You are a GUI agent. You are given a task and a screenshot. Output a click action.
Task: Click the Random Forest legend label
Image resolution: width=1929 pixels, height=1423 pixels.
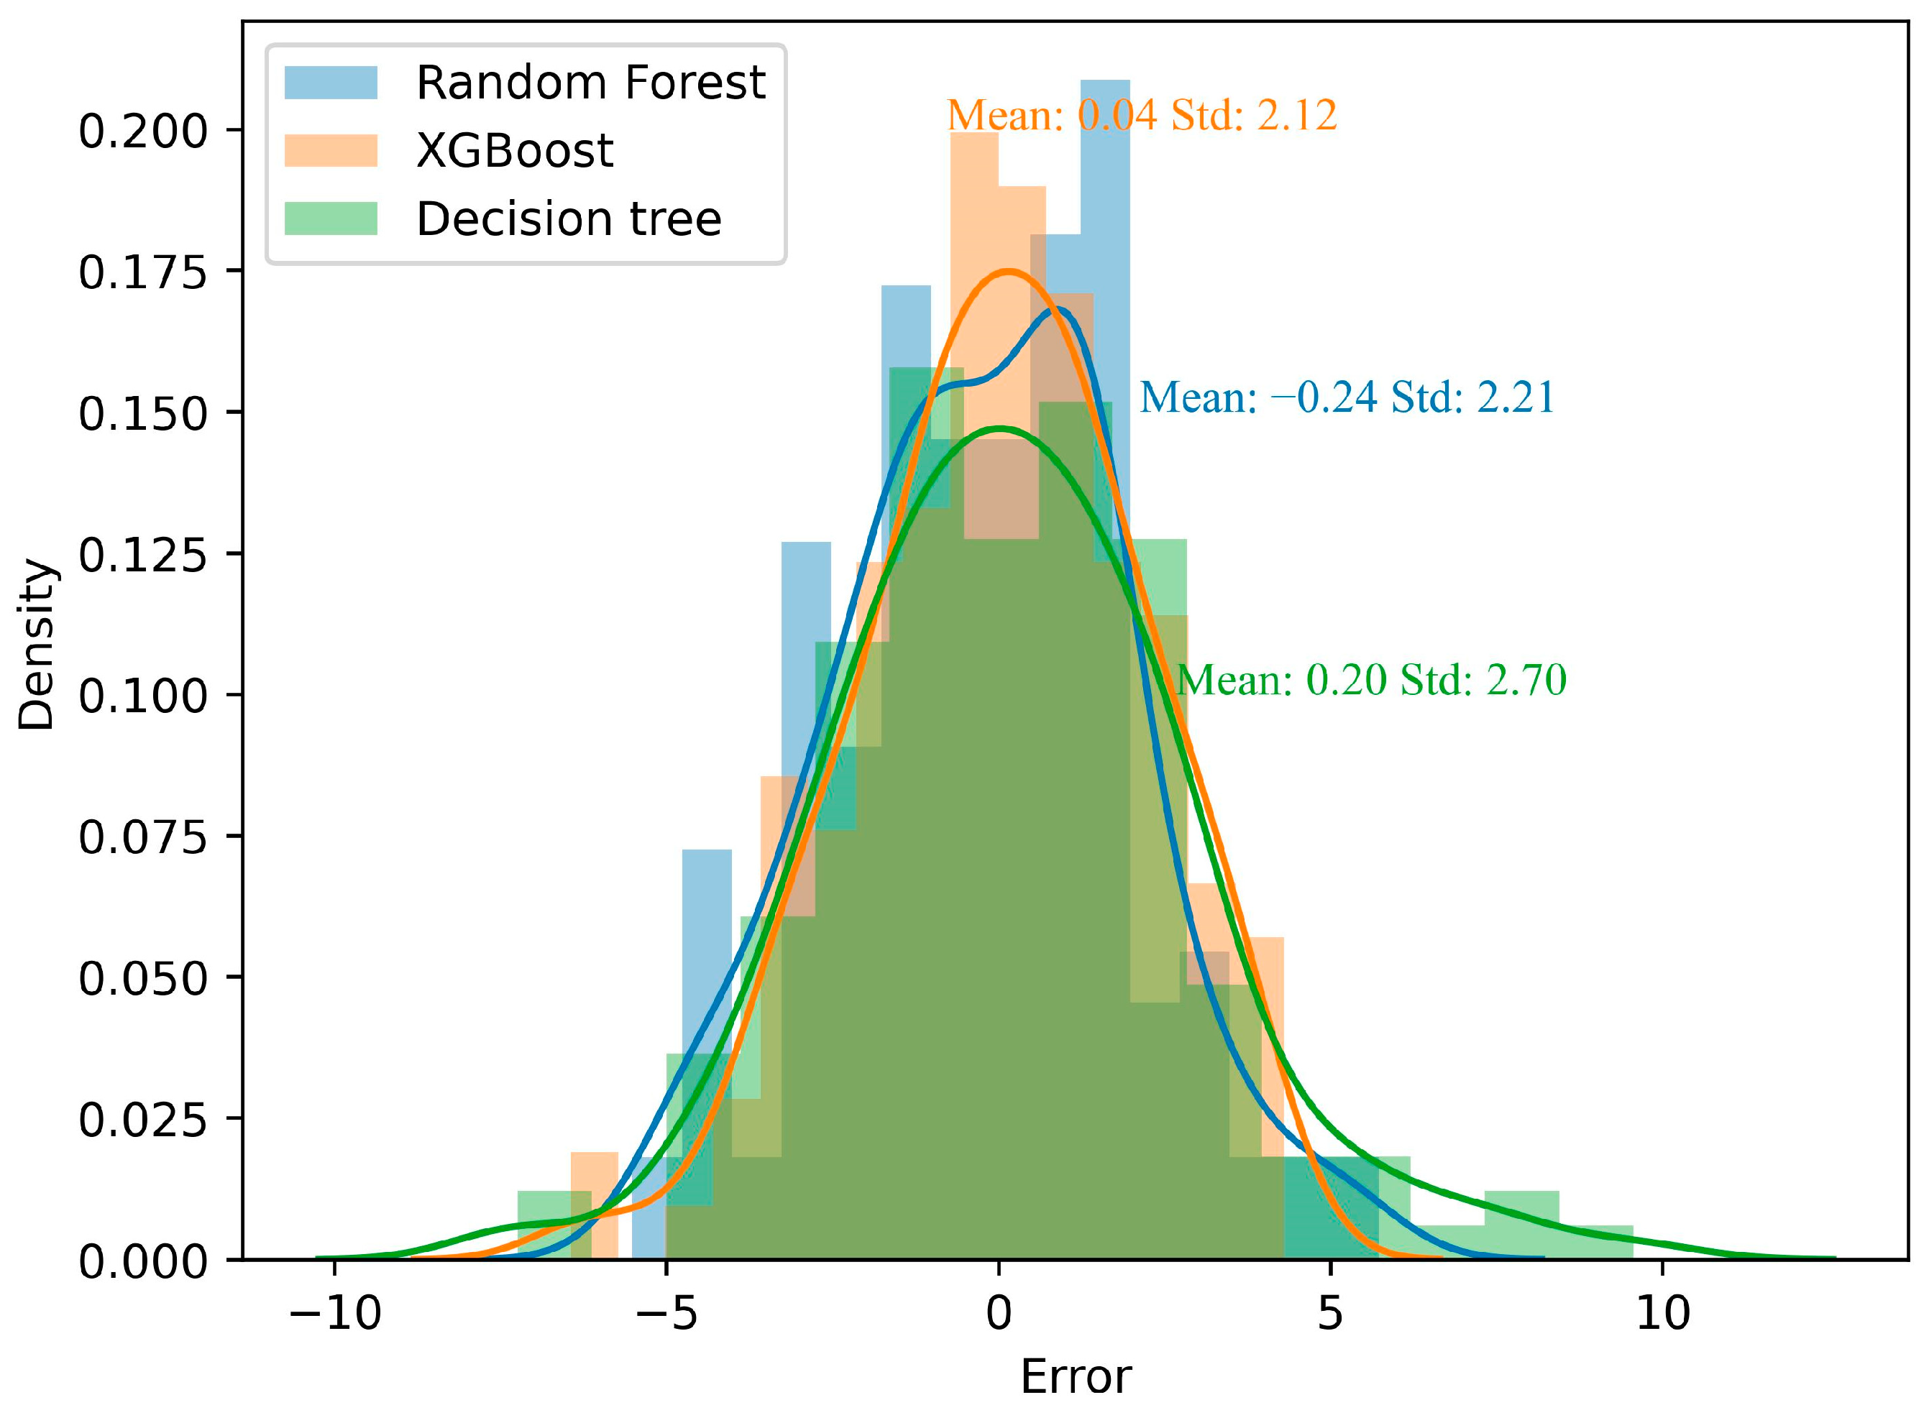coord(590,83)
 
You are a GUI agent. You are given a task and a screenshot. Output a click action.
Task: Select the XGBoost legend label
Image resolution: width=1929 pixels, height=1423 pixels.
coord(514,152)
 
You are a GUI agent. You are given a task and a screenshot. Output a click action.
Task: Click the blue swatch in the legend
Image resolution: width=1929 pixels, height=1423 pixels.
coord(331,83)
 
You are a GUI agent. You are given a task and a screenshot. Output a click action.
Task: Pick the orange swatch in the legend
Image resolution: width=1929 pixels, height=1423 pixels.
coord(331,151)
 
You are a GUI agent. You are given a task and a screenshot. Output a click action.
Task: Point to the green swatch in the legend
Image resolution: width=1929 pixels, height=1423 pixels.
coord(331,218)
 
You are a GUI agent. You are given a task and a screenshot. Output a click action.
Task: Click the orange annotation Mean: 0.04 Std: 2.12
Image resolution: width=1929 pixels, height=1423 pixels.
coord(1142,116)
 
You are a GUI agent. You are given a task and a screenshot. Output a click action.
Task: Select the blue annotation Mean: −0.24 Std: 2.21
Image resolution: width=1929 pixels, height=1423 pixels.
coord(1347,397)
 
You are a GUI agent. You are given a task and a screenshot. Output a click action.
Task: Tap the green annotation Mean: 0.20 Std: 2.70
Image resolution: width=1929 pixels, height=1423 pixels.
coord(1370,681)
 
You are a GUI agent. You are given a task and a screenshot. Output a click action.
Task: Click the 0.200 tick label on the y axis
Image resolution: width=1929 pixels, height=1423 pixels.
coord(143,131)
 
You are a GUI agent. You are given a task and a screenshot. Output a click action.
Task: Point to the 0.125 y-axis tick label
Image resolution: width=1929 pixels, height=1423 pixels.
coord(143,555)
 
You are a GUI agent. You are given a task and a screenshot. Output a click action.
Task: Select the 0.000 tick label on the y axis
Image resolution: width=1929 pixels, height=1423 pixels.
coord(143,1262)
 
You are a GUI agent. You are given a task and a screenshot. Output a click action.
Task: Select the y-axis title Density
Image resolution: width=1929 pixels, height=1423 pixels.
coord(36,645)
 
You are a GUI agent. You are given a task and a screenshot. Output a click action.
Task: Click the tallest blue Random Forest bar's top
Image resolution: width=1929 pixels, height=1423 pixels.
coord(1104,83)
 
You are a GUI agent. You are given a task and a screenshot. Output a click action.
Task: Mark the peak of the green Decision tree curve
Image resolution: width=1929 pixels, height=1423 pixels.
coord(999,428)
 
